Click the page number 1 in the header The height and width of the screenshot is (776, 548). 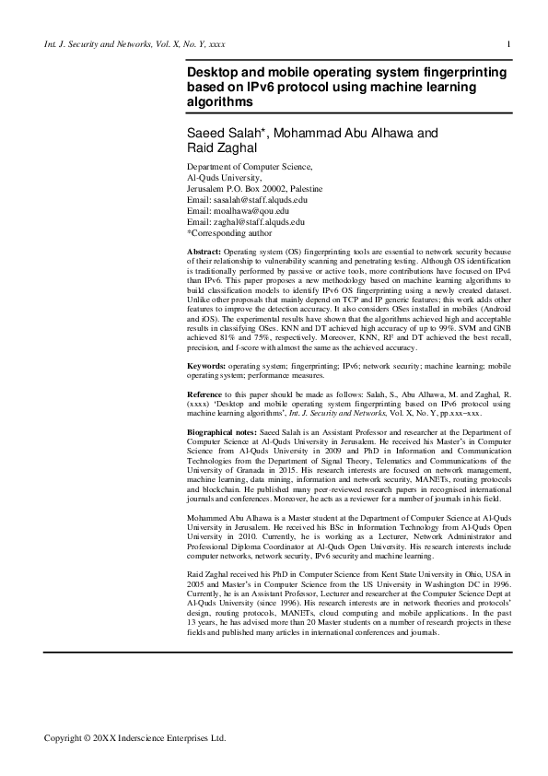coord(509,43)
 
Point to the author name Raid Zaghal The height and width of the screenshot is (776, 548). coord(222,147)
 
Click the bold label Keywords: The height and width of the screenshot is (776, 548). coord(207,367)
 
